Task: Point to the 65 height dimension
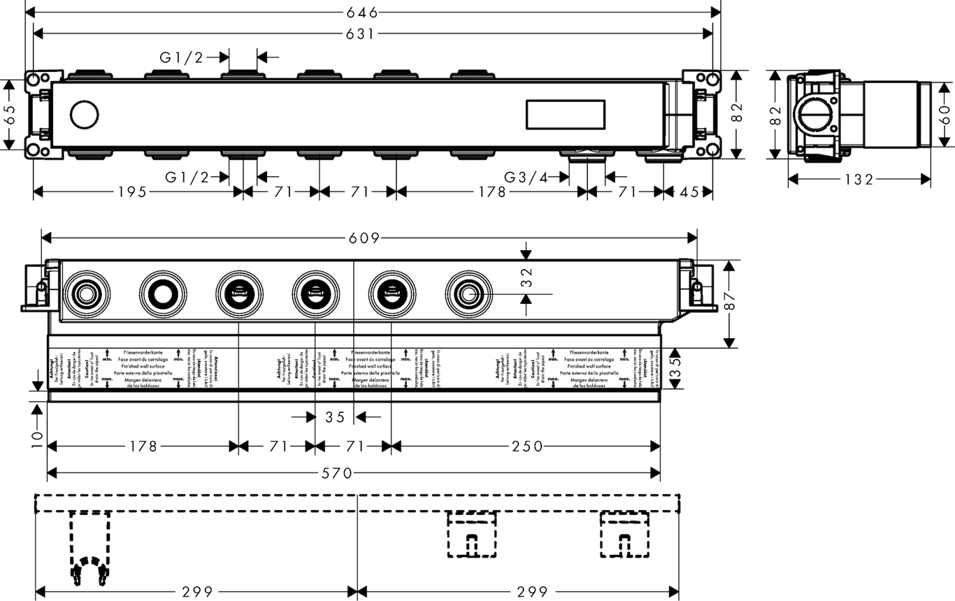[x=9, y=114]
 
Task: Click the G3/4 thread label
[x=528, y=177]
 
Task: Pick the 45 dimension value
[x=689, y=192]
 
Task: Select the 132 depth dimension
[x=859, y=180]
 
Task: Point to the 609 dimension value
[x=364, y=238]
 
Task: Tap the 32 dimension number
[x=526, y=278]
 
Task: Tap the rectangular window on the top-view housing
[x=564, y=114]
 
